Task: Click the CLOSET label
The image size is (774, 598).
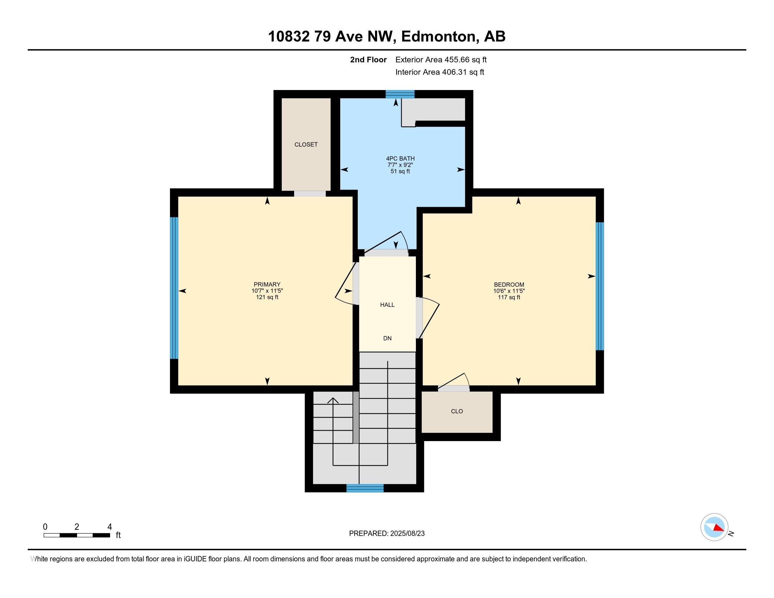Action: tap(306, 145)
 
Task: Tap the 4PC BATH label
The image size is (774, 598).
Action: tap(400, 159)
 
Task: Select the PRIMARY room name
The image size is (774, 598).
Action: tap(267, 285)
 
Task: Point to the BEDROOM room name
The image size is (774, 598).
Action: tap(509, 285)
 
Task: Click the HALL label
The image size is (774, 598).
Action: tap(387, 305)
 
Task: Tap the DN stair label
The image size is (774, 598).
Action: tap(387, 338)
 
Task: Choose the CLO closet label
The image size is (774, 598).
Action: tap(457, 411)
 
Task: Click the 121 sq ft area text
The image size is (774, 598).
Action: tap(267, 297)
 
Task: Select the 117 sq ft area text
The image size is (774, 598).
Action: tap(509, 297)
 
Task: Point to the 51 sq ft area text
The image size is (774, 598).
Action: tap(400, 171)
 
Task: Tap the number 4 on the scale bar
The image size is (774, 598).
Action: tap(109, 527)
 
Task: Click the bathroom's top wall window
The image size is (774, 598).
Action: tap(400, 94)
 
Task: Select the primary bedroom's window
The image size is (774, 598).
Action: tap(174, 288)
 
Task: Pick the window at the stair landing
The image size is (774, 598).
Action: tap(365, 488)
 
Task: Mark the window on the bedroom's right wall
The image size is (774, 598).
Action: tap(599, 286)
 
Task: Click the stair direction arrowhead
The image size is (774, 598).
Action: tap(333, 401)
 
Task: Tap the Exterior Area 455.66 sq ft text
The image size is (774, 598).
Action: tap(441, 60)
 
